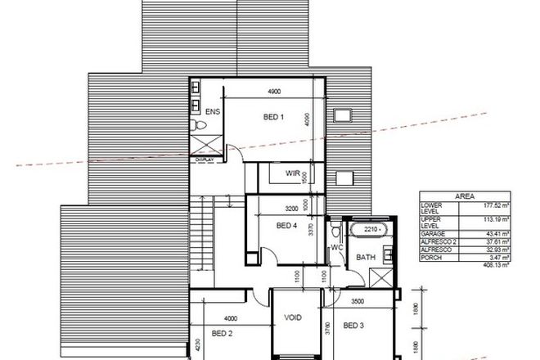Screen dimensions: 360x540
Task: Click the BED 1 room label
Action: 273,116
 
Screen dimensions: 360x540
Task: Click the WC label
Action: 335,247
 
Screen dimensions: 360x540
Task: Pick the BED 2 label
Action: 223,332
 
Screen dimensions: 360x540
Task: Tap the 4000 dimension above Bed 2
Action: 232,318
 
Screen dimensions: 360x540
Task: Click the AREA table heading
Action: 465,197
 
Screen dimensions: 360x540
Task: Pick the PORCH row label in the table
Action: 431,258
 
